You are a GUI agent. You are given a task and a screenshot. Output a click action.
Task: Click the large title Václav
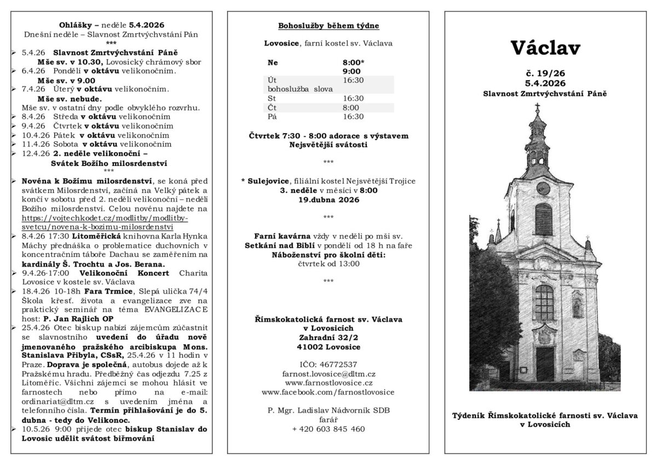pos(545,48)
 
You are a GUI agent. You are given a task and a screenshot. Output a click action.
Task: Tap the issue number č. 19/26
pos(545,73)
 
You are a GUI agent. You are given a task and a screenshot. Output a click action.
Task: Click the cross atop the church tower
pos(537,107)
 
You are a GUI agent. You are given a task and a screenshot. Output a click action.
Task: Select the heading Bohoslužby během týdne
pos(328,26)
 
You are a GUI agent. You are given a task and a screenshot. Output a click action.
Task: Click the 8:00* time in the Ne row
pos(353,62)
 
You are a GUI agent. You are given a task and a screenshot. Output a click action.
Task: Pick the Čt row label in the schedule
pos(272,107)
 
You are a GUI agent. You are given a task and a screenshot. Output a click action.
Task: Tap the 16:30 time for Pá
pos(353,116)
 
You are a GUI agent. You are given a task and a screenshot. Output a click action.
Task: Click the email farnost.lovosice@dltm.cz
pos(328,374)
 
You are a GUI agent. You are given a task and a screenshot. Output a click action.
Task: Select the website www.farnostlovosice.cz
pos(328,383)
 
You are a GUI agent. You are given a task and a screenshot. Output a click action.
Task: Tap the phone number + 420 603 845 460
pos(328,429)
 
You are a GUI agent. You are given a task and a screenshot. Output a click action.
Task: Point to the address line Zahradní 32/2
pos(328,337)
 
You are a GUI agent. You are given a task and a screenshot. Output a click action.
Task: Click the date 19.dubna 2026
pos(328,199)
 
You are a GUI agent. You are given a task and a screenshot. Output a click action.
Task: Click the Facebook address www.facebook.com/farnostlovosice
pos(328,392)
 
